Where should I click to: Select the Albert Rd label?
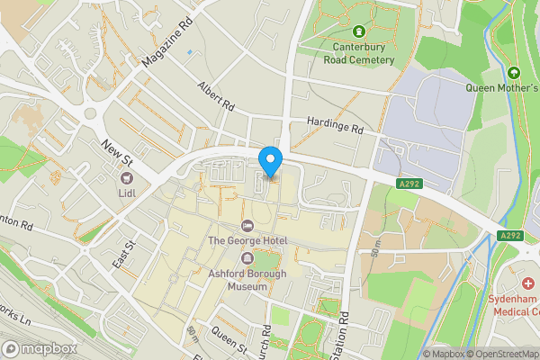[216, 98]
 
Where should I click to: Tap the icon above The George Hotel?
[247, 225]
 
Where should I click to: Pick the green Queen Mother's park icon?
[514, 72]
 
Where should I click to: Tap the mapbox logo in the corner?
[40, 348]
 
